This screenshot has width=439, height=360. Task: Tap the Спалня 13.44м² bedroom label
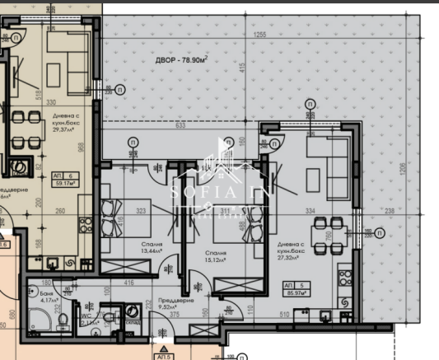coord(151,250)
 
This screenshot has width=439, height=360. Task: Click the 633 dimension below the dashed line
coord(180,126)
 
